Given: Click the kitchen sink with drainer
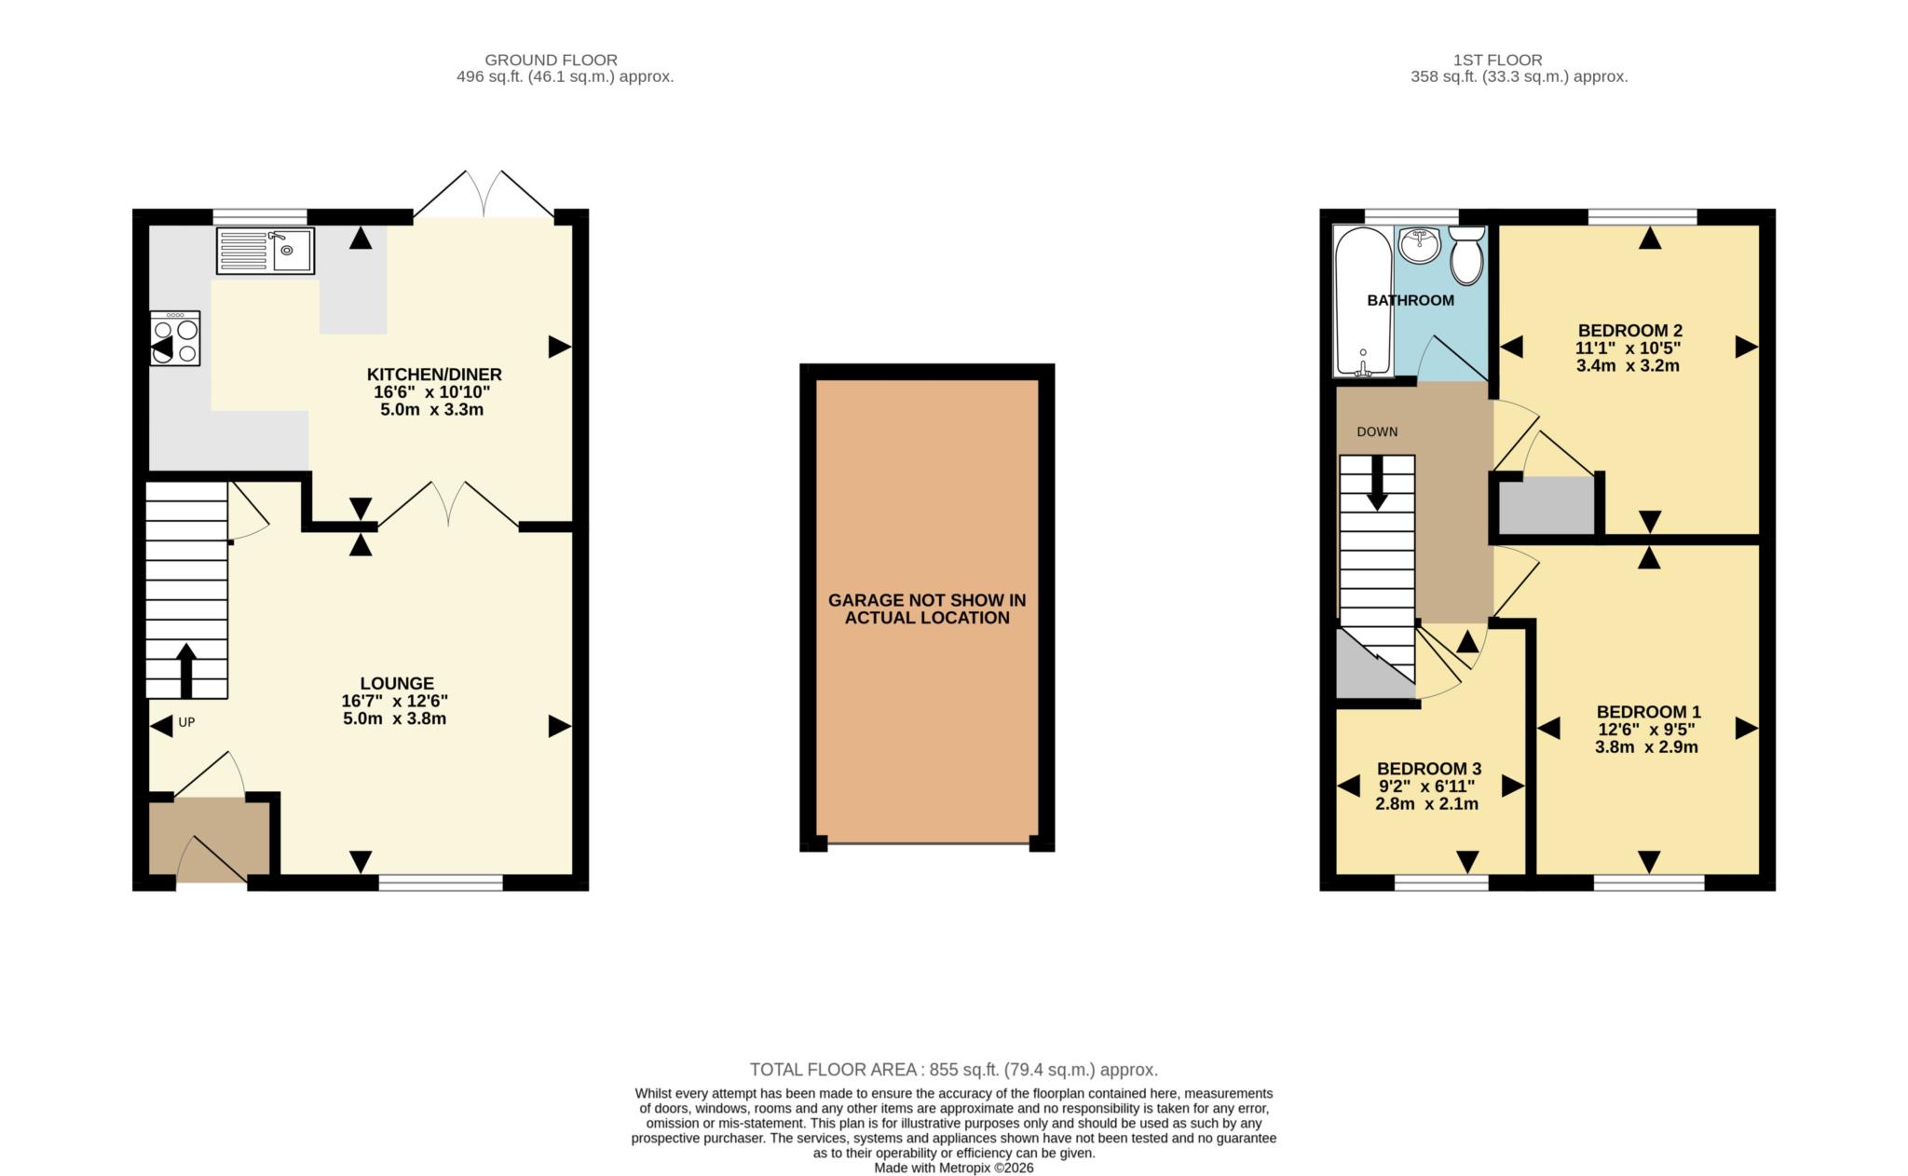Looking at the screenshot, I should click(266, 250).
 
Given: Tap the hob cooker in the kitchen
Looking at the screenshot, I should click(175, 337).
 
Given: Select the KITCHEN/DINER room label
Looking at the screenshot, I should click(434, 375).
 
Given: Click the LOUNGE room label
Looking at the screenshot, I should click(397, 683).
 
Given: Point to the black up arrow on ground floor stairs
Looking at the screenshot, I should click(185, 669).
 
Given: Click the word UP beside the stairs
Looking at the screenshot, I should click(186, 722).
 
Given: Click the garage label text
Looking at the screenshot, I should click(927, 609).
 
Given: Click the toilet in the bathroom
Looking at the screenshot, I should click(1466, 256).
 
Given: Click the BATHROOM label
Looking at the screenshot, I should click(1411, 300).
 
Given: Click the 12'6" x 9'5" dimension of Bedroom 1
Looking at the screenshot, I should click(1647, 730).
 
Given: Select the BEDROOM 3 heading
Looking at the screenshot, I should click(1429, 769).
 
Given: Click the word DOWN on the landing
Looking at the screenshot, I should click(1377, 431).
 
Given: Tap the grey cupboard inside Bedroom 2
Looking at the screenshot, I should click(1547, 505).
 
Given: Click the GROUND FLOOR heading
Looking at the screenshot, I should click(551, 60).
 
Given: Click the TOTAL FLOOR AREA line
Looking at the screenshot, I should click(953, 1070).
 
